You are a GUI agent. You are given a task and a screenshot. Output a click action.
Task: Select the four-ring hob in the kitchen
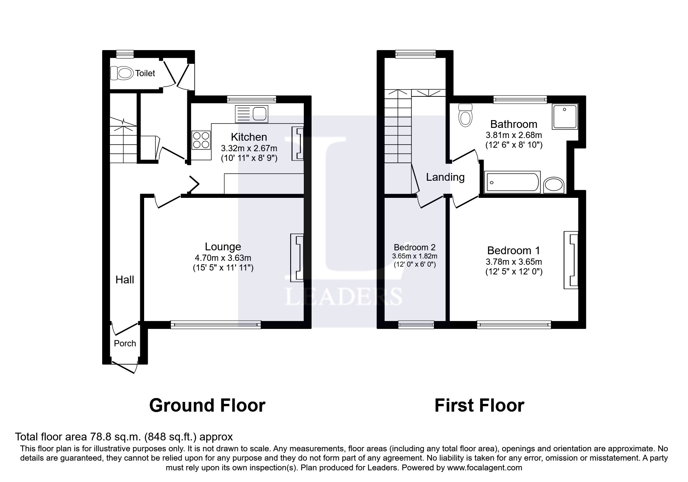[x=201, y=140]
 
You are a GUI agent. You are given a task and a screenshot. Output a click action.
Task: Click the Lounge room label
[x=223, y=247]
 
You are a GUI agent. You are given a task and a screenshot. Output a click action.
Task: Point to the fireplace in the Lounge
[x=298, y=257]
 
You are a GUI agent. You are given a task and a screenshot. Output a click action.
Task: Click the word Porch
[x=125, y=343]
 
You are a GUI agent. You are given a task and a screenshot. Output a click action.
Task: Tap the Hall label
[x=125, y=280]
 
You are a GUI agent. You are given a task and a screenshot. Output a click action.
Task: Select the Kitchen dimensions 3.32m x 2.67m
[x=249, y=148]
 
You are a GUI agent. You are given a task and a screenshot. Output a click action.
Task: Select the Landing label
[x=445, y=177]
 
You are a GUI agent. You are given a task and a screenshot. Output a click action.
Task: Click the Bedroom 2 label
[x=415, y=247]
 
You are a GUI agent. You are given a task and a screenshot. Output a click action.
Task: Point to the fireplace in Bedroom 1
[x=571, y=260]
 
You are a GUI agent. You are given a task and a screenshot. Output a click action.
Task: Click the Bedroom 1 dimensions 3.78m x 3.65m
[x=514, y=262]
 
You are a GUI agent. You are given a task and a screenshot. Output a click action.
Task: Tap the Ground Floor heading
[x=207, y=405]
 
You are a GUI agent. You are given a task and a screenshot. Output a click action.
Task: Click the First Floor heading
[x=479, y=405]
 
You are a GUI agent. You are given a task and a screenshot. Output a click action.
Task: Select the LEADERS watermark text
[x=343, y=297]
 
